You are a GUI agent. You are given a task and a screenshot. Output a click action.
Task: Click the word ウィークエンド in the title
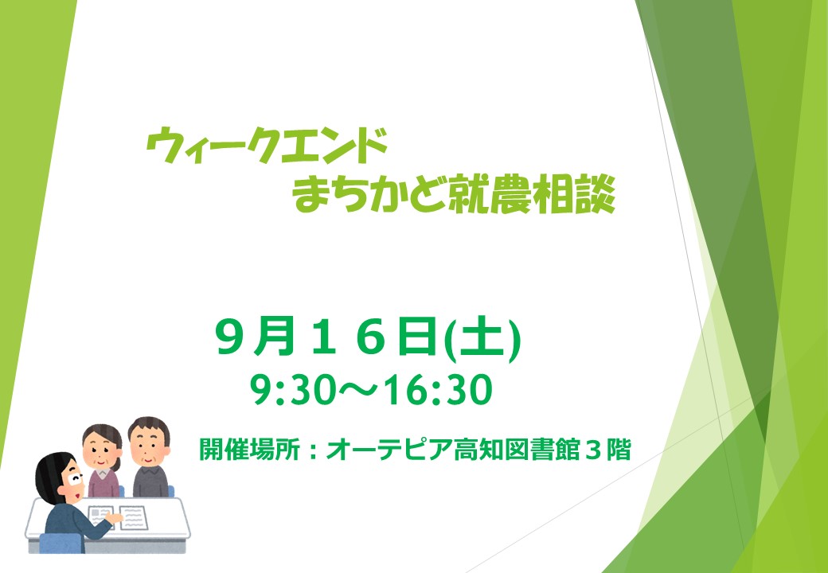click(x=267, y=146)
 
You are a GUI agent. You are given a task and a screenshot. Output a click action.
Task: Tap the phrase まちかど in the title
click(x=370, y=195)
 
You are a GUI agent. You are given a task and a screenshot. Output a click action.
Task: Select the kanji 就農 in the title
click(x=490, y=195)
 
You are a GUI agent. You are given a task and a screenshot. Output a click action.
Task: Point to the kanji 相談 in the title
click(x=574, y=195)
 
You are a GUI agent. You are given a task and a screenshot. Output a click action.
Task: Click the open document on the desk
click(x=119, y=517)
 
